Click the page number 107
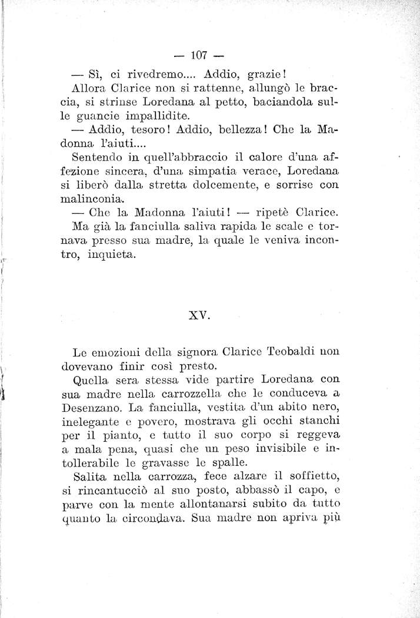[x=200, y=56]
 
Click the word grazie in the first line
[x=266, y=75]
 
